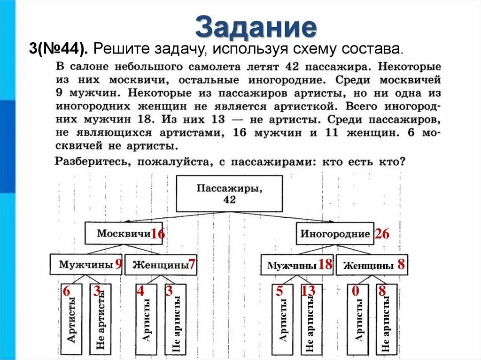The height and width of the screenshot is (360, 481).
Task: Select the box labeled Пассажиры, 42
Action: (x=229, y=193)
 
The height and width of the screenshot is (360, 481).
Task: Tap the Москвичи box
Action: (x=124, y=233)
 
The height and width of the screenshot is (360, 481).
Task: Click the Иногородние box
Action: (x=334, y=234)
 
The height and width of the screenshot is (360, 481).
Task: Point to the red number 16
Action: (x=157, y=234)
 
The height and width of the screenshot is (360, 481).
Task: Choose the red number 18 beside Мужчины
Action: (x=325, y=265)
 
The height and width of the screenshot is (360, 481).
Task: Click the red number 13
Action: (x=308, y=291)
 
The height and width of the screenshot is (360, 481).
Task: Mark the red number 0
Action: (x=356, y=291)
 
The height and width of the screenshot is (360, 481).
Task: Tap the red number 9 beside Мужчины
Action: (x=119, y=264)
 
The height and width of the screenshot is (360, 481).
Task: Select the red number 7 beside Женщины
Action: (x=191, y=264)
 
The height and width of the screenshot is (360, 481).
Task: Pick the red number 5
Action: (x=279, y=291)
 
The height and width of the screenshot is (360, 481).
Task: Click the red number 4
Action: (x=140, y=291)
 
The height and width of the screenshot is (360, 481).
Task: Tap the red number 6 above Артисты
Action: (x=66, y=291)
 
